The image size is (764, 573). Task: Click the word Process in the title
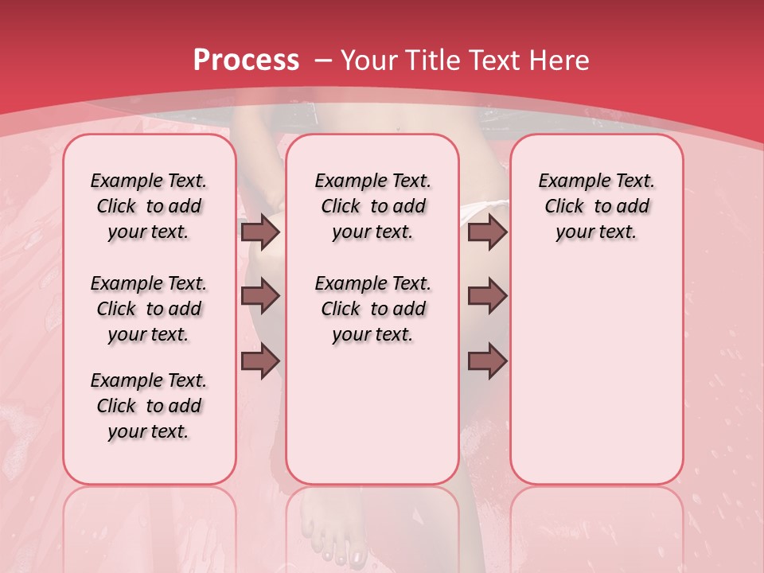pyautogui.click(x=246, y=60)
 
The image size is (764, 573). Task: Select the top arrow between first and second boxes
pyautogui.click(x=260, y=232)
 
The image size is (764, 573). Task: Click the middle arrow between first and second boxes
pyautogui.click(x=260, y=296)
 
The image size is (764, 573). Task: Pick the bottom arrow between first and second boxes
pyautogui.click(x=260, y=361)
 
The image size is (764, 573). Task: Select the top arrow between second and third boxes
pyautogui.click(x=487, y=232)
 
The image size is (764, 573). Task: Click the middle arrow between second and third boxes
pyautogui.click(x=487, y=296)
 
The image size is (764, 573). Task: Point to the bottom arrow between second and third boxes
pyautogui.click(x=487, y=361)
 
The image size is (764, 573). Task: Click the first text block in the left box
pyautogui.click(x=149, y=206)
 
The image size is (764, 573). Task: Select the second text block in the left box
pyautogui.click(x=149, y=309)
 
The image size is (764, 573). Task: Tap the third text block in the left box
pyautogui.click(x=149, y=406)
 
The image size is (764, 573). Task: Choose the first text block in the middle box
pyautogui.click(x=372, y=206)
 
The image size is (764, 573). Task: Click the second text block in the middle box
pyautogui.click(x=372, y=309)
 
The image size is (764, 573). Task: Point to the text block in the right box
pyautogui.click(x=596, y=206)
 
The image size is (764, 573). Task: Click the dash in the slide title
pyautogui.click(x=322, y=60)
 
